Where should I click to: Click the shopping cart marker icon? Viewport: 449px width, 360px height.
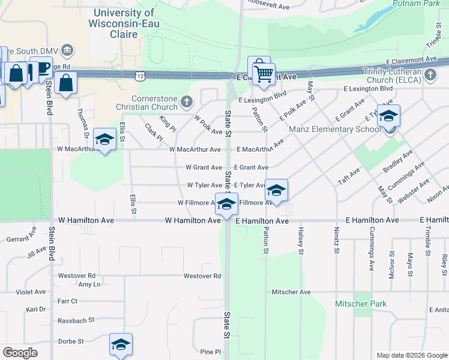(264, 74)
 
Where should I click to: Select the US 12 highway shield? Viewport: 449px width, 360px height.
(140, 75)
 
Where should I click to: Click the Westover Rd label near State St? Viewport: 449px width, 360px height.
(202, 277)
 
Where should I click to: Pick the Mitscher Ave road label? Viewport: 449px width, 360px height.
(291, 292)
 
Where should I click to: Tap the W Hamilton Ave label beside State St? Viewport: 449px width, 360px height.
(193, 221)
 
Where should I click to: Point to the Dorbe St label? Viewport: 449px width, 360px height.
(71, 341)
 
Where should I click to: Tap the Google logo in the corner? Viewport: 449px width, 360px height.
(20, 352)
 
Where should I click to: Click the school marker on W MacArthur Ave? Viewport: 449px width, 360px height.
(105, 140)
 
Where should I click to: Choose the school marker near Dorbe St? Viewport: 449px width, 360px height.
(121, 345)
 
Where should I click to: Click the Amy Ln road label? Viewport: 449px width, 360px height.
(89, 284)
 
